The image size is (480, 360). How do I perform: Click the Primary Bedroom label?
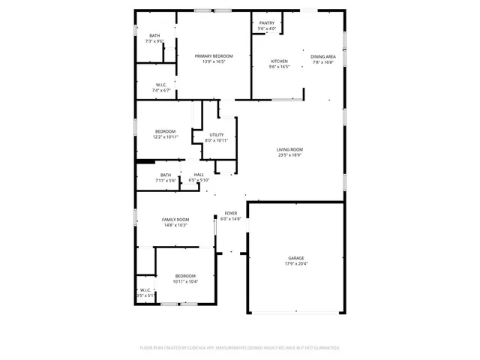click(214, 56)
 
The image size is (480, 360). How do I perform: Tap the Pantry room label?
click(267, 23)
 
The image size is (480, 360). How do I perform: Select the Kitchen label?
click(279, 61)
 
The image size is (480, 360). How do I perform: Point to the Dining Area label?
click(323, 56)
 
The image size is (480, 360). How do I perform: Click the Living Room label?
click(289, 149)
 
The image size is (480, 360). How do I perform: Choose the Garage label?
click(296, 258)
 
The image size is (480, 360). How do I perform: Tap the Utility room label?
click(216, 135)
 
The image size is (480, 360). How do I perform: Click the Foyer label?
click(231, 214)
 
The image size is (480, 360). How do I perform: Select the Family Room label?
click(175, 219)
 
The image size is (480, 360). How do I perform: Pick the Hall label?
click(199, 175)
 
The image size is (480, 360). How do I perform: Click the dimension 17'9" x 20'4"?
click(296, 264)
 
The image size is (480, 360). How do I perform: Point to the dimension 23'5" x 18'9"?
click(289, 155)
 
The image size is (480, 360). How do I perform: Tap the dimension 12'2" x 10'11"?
click(165, 137)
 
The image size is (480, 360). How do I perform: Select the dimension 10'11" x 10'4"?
click(185, 281)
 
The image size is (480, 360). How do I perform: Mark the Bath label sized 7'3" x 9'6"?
click(154, 35)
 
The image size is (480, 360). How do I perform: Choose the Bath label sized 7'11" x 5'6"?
click(165, 175)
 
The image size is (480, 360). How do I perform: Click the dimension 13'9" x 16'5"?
click(214, 61)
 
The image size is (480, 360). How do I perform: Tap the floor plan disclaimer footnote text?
click(240, 348)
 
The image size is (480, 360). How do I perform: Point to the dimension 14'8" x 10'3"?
click(175, 225)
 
